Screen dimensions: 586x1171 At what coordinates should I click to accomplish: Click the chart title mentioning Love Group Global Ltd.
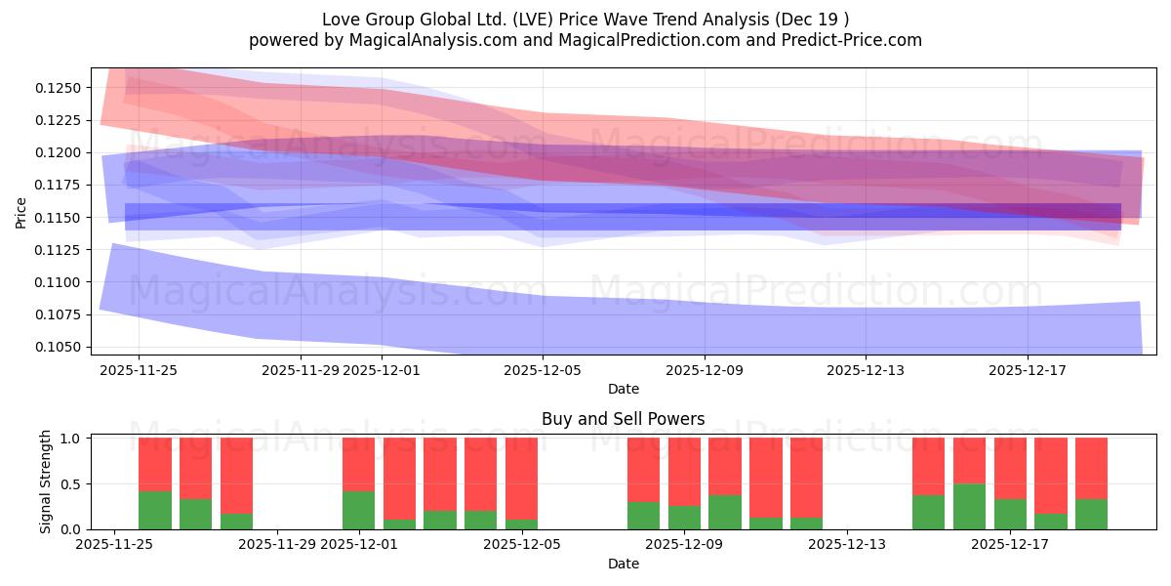click(585, 20)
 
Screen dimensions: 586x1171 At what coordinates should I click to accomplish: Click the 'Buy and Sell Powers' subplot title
click(623, 419)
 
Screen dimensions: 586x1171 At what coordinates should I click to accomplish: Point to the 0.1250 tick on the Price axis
click(57, 88)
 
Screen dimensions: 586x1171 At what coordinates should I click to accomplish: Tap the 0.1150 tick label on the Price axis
click(57, 218)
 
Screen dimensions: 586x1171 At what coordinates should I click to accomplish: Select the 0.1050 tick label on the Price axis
click(57, 347)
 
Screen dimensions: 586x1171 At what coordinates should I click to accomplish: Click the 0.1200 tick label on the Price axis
click(57, 152)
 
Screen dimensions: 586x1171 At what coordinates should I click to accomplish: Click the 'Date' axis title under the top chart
click(623, 389)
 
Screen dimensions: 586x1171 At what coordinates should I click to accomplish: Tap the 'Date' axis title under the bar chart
click(623, 564)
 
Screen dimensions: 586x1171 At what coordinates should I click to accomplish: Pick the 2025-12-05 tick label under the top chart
click(543, 370)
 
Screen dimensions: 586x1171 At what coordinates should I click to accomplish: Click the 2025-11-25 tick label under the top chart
click(139, 370)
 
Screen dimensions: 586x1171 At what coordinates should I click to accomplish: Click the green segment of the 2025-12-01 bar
click(358, 510)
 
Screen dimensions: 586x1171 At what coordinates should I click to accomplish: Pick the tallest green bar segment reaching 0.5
click(969, 506)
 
